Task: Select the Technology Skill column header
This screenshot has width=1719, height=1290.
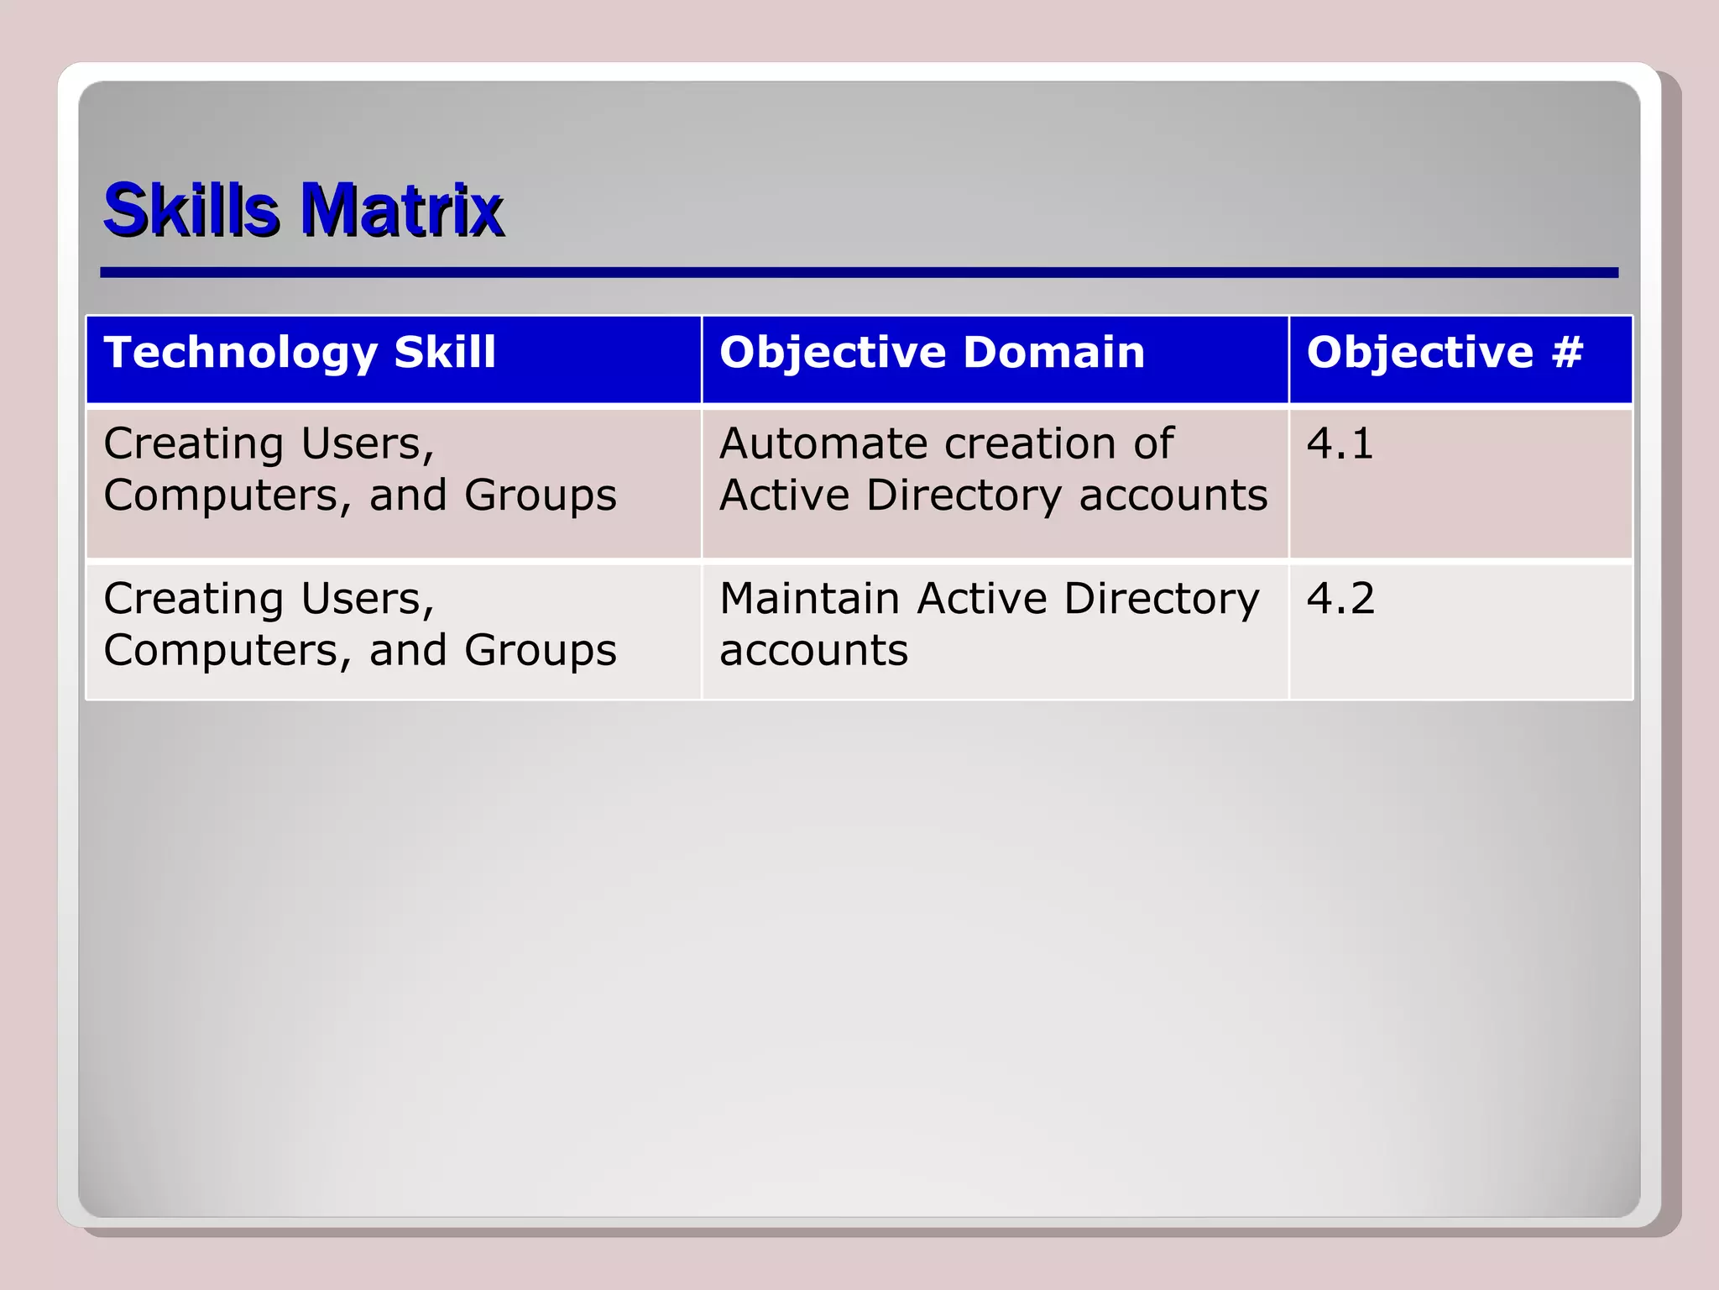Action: point(300,352)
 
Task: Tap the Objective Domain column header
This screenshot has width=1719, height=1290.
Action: point(932,352)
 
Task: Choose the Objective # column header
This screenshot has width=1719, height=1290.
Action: point(1445,352)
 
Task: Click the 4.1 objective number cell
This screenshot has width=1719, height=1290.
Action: point(1340,443)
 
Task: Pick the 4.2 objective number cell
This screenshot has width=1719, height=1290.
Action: point(1340,599)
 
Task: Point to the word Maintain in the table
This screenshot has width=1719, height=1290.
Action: point(810,599)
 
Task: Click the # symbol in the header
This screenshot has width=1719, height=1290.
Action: point(1567,352)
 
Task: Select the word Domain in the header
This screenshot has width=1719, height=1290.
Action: point(1054,352)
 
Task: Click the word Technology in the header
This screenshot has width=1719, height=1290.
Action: point(241,354)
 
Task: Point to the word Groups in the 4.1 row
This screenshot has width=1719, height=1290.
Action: point(541,496)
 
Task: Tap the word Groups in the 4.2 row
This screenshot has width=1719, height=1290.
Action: point(541,651)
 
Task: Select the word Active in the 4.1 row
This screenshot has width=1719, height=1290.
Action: point(784,496)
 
